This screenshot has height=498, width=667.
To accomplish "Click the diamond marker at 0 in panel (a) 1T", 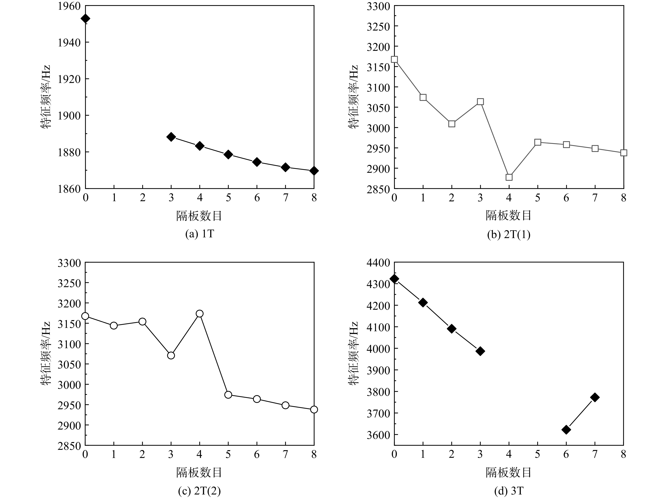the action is coord(85,19).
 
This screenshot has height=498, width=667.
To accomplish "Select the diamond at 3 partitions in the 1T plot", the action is coord(171,137).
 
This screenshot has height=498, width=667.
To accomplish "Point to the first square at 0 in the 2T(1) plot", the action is coord(394,59).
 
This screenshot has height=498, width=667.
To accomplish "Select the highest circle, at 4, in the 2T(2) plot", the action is coord(200,314).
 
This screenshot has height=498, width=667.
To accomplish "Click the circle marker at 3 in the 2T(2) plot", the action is coord(171,355).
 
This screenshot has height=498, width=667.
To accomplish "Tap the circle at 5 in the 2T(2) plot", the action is coord(228,395).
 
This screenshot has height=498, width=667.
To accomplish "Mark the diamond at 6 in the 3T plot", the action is coord(566,430).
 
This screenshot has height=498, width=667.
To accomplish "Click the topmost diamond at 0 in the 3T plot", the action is coord(394,279).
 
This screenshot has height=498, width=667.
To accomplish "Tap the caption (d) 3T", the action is coord(509,491).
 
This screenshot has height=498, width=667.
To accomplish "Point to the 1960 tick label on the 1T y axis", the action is coord(69,6).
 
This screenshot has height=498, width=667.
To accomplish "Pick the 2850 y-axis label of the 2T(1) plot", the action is coord(378,189).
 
